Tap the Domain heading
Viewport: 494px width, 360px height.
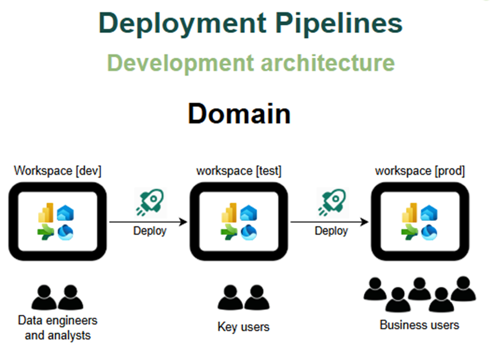pyautogui.click(x=239, y=114)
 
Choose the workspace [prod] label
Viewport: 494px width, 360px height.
pyautogui.click(x=420, y=171)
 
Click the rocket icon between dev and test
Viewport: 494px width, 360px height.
pyautogui.click(x=149, y=203)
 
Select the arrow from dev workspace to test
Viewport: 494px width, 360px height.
pyautogui.click(x=148, y=222)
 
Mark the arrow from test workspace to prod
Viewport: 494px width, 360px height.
pyautogui.click(x=329, y=222)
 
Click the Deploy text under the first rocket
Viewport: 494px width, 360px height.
pyautogui.click(x=150, y=231)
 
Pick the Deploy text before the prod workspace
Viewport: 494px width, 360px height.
pyautogui.click(x=331, y=231)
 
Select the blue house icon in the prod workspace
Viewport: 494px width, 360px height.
pyautogui.click(x=429, y=214)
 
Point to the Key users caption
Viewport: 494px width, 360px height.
pyautogui.click(x=243, y=327)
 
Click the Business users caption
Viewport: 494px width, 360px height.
pyautogui.click(x=420, y=325)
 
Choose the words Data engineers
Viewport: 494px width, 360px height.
pyautogui.click(x=58, y=320)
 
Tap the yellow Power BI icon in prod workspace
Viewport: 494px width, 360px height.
pyautogui.click(x=410, y=214)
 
